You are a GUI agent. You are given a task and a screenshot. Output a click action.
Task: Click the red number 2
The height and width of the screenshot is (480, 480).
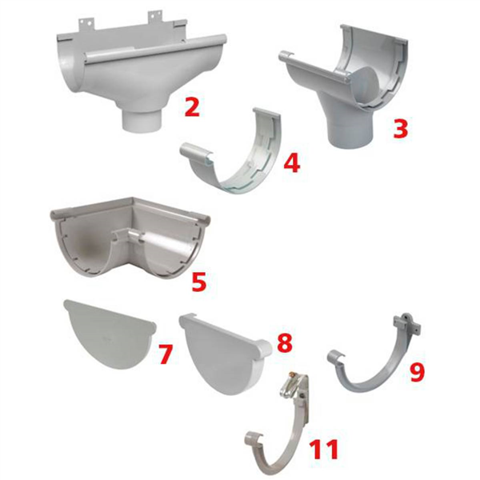click(192, 106)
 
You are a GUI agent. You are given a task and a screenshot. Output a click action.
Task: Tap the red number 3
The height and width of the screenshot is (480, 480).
click(401, 128)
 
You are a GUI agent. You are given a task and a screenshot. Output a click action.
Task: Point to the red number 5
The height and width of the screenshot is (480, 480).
click(199, 281)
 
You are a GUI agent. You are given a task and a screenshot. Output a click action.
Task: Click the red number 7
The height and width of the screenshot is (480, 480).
click(166, 354)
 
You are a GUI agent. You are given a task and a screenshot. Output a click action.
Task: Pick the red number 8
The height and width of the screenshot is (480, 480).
click(285, 342)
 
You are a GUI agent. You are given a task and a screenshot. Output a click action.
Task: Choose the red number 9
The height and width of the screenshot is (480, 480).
click(418, 372)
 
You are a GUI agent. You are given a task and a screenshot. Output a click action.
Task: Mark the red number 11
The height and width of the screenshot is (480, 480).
click(324, 450)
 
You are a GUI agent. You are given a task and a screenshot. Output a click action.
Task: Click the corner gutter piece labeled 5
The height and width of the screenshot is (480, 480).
click(130, 238)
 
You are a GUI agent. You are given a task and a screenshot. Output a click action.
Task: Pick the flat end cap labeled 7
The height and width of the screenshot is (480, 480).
click(110, 334)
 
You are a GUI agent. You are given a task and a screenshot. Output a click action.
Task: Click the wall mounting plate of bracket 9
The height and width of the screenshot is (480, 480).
click(406, 324)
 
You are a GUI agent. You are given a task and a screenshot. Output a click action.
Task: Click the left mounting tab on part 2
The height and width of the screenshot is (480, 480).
click(86, 24)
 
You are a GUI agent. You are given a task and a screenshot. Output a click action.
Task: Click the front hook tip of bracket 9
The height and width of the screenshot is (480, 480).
click(335, 357)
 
